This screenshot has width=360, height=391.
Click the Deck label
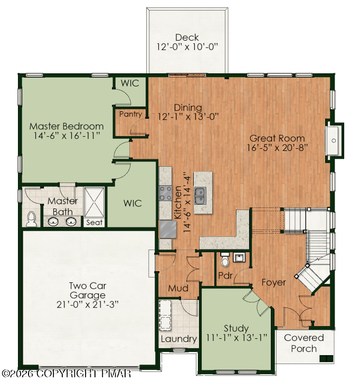[x=187, y=37]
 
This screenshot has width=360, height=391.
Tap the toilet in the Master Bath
[x=32, y=219]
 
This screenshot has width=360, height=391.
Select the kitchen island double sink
[x=201, y=196]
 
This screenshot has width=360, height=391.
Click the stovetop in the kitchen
[x=165, y=193]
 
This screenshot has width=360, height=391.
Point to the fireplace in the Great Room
[x=334, y=140]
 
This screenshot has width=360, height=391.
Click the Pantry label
[x=130, y=114]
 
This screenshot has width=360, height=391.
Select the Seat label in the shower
[x=94, y=222]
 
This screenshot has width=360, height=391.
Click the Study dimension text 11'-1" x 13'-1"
[x=236, y=338]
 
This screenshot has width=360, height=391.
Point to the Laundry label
[x=179, y=339]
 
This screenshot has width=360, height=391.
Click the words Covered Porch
[x=304, y=343]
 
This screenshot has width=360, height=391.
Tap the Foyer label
[x=273, y=282]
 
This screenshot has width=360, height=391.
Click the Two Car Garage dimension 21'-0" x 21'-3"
[x=87, y=304]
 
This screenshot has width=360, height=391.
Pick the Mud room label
[x=178, y=288]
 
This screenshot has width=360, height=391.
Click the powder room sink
[x=239, y=257]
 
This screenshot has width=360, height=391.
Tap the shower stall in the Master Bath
[x=94, y=202]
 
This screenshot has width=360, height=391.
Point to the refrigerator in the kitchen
[x=168, y=229]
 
